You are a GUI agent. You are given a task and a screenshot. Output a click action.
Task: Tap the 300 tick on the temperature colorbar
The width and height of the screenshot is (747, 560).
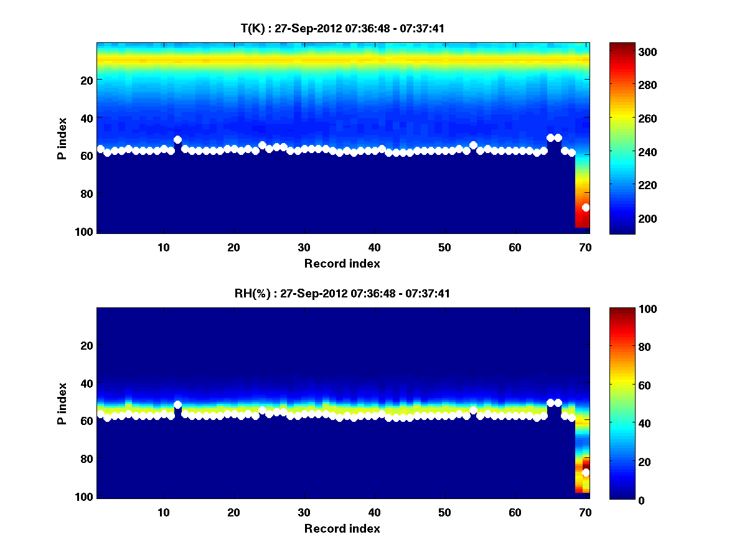coord(625,52)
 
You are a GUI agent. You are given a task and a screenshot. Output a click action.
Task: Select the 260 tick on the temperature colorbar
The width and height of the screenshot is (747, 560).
coord(625,118)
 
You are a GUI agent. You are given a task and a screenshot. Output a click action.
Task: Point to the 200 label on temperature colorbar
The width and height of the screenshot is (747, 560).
coord(625,218)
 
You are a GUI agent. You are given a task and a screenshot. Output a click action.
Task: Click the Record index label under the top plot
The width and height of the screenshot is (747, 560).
coord(342,263)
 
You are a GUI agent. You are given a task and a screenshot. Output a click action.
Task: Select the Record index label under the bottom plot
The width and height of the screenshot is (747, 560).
coord(342,528)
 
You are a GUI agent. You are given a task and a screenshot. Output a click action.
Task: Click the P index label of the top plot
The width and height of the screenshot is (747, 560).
coord(62,139)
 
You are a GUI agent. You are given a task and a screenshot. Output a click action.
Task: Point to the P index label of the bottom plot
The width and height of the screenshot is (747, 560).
coord(62,404)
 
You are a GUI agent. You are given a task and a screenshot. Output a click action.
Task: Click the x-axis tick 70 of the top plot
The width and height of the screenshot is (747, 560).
coord(586,247)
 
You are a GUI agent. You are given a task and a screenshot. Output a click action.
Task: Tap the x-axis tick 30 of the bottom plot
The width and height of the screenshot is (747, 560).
coord(304,512)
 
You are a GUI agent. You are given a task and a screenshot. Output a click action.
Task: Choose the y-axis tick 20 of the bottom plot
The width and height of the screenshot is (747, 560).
coord(87,345)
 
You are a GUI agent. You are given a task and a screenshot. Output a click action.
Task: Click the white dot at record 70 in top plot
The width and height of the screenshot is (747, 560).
coord(586,207)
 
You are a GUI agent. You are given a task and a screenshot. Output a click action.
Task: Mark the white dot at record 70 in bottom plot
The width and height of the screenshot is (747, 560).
coord(586,473)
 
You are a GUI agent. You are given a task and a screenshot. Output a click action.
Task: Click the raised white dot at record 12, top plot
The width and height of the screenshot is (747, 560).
coord(178,140)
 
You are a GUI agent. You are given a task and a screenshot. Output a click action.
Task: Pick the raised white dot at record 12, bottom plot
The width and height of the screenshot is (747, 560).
coord(178,404)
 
